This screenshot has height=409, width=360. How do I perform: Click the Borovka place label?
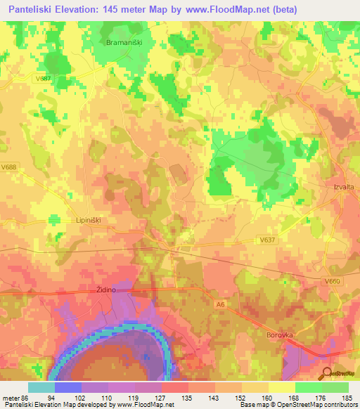coord(279,335)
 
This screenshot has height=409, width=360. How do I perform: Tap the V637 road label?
coord(267,240)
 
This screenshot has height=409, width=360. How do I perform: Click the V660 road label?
coord(333,281)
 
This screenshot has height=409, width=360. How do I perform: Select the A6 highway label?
coord(220,304)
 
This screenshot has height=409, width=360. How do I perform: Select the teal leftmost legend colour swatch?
coord(41,387)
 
